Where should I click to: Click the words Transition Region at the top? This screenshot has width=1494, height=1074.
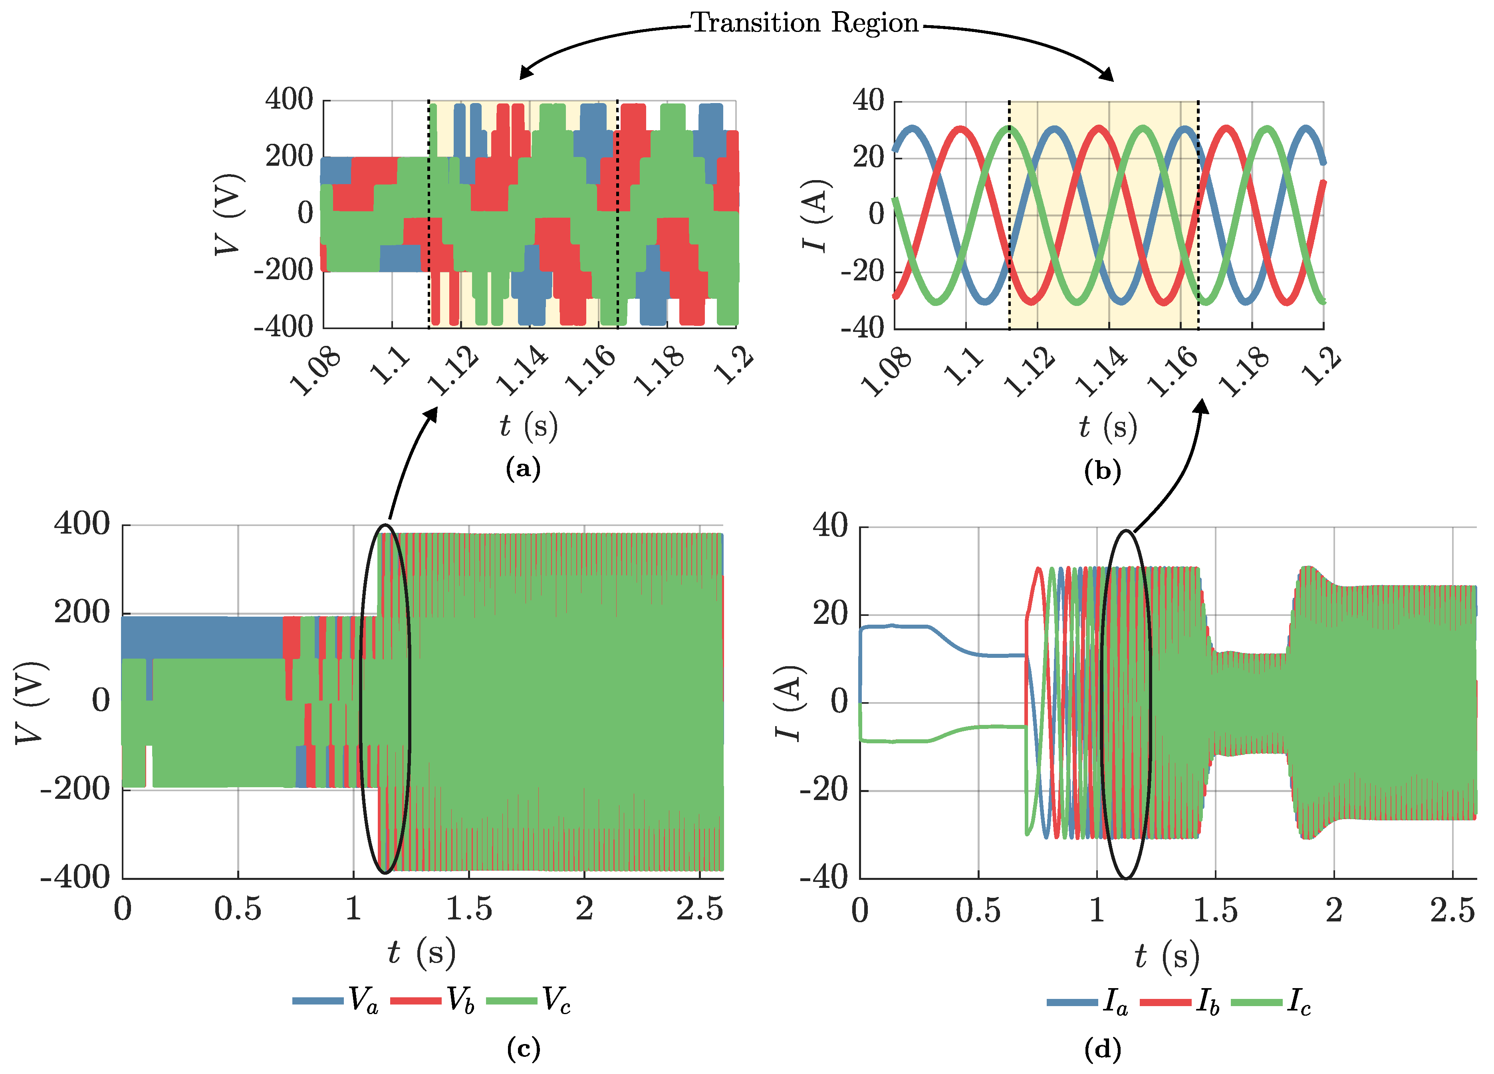click(x=804, y=23)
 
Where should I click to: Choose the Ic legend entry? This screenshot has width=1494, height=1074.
click(x=1271, y=1002)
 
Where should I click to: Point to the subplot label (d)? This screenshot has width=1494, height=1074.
click(x=1102, y=1048)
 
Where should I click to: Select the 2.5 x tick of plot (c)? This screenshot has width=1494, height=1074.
click(x=700, y=909)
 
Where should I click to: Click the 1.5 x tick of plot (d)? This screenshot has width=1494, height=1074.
click(x=1215, y=911)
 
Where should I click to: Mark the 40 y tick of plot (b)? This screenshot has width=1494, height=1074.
click(x=868, y=100)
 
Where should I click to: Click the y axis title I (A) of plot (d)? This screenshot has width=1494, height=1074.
click(x=788, y=703)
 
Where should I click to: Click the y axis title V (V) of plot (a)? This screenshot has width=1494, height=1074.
click(x=229, y=214)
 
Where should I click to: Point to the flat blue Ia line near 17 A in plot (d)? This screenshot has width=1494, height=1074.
click(x=896, y=626)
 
